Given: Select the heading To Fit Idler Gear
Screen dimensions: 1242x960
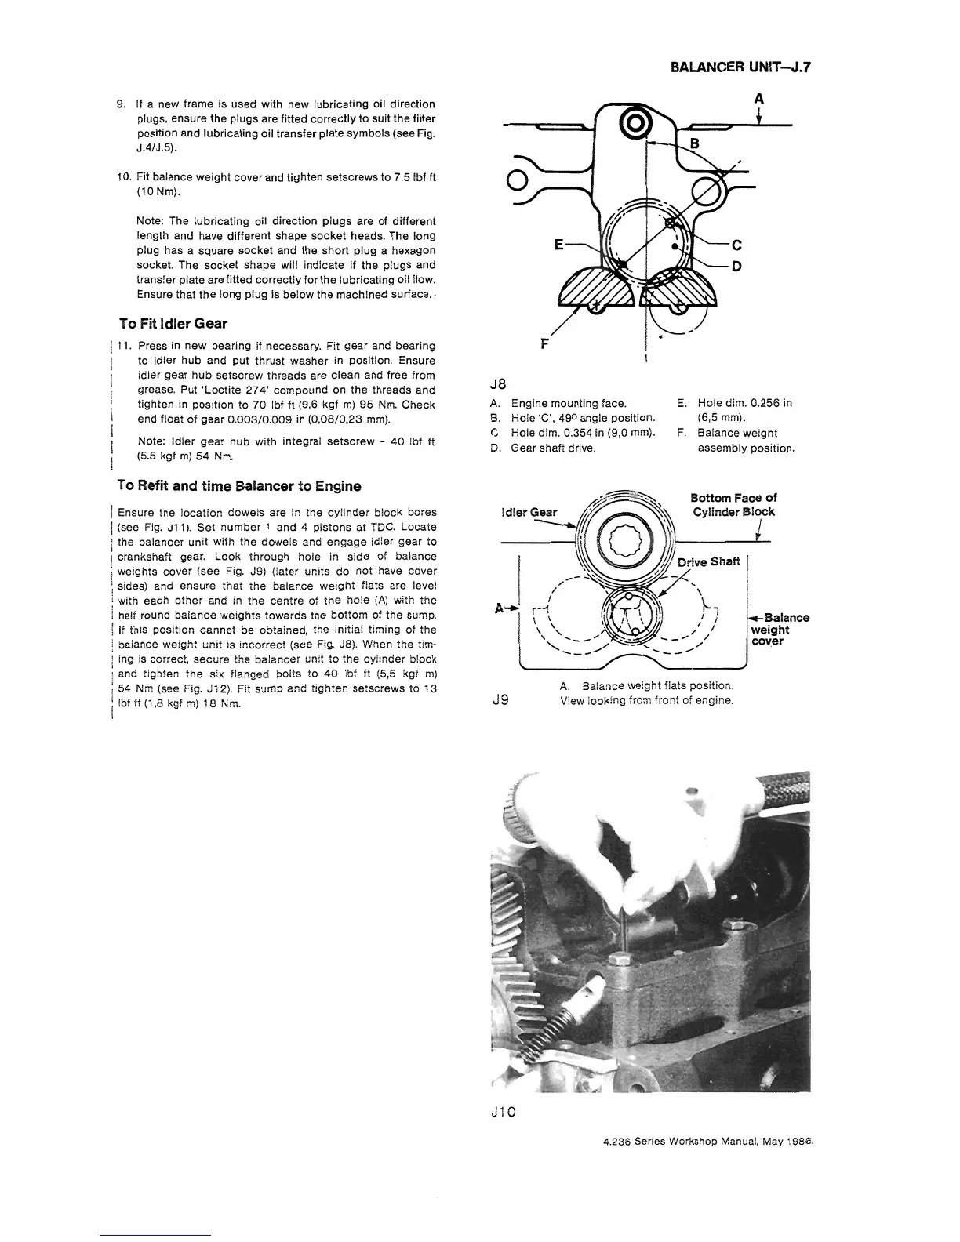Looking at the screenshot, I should (x=173, y=323).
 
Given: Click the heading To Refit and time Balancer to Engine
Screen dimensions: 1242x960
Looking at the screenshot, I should (x=239, y=486).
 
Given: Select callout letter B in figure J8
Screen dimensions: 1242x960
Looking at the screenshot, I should (x=693, y=143).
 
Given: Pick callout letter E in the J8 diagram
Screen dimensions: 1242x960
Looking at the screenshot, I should (x=558, y=244).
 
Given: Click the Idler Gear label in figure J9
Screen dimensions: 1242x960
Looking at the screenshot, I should (x=529, y=512).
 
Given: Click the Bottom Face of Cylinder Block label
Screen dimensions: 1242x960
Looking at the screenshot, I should (x=733, y=505).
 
